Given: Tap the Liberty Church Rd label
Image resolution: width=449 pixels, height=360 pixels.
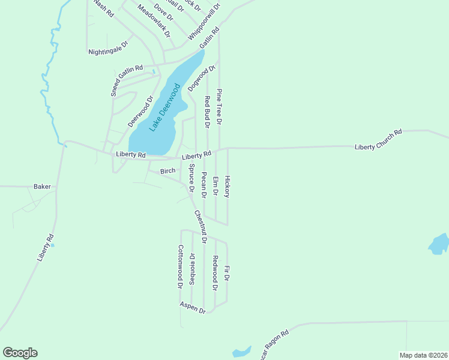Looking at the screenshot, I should click(378, 140).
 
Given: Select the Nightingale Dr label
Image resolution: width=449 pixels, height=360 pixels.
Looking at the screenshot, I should click(108, 48).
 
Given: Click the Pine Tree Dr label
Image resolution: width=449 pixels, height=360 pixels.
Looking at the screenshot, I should click(220, 106).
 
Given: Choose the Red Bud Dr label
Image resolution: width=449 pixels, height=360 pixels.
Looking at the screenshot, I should click(206, 112).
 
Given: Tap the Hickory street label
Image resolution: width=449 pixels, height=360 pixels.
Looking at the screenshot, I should click(227, 186).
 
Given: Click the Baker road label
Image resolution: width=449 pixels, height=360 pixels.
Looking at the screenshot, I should click(42, 187).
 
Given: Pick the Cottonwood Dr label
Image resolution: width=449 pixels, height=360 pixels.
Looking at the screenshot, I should click(179, 266).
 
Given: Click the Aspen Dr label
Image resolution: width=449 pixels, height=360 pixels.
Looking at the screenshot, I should click(193, 307).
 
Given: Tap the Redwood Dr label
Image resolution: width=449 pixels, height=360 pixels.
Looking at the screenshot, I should click(214, 273).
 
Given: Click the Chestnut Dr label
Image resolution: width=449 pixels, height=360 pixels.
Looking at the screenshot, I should click(200, 226).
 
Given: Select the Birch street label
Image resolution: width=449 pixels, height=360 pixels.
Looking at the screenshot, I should click(167, 171).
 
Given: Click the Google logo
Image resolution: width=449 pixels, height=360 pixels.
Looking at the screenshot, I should click(20, 353).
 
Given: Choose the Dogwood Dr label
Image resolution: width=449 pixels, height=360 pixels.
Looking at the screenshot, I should click(202, 79).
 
